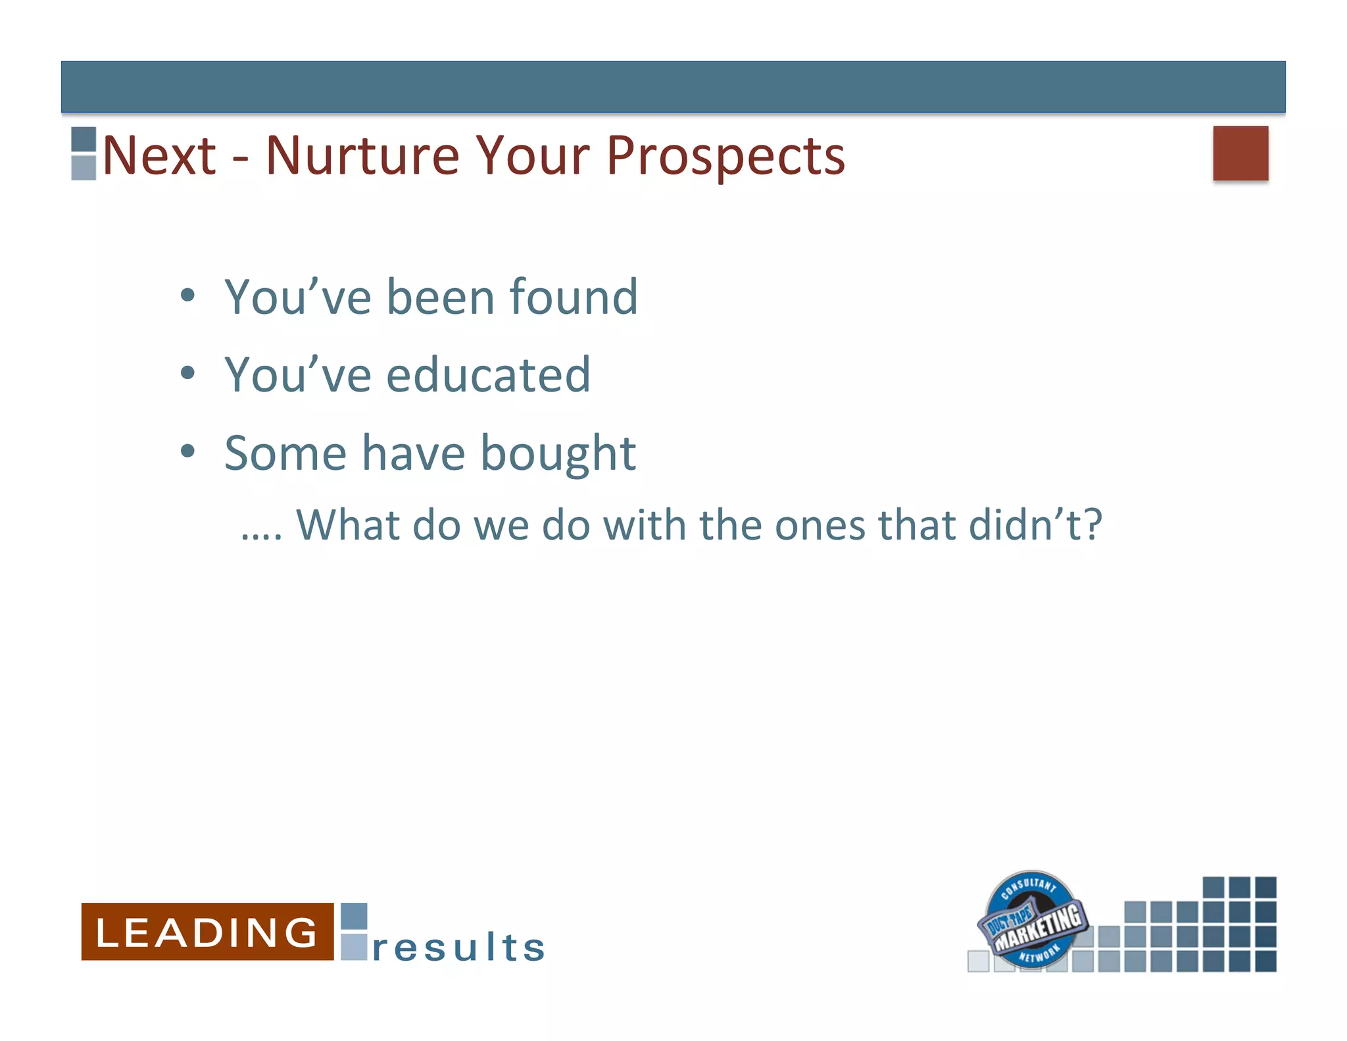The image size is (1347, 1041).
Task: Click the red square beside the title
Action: (x=1240, y=153)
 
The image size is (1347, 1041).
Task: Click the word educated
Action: (x=488, y=374)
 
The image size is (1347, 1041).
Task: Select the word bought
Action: (x=558, y=453)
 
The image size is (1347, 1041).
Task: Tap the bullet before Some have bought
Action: (x=188, y=451)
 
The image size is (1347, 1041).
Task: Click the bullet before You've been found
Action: (x=188, y=295)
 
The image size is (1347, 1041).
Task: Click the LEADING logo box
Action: (x=207, y=932)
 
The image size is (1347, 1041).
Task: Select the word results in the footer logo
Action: (x=458, y=948)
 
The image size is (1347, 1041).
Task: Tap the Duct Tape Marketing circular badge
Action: (x=1031, y=919)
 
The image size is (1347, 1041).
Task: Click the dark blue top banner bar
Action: (x=673, y=87)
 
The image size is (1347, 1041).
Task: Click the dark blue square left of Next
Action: (x=84, y=140)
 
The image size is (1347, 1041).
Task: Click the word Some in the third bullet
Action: (x=285, y=453)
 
